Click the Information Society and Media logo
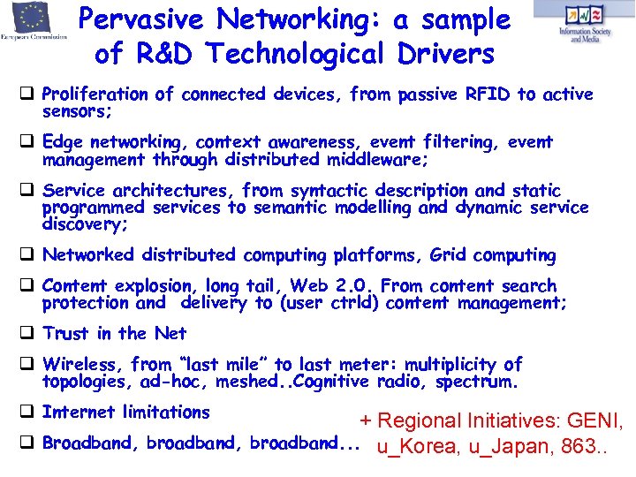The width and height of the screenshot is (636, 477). pos(584,20)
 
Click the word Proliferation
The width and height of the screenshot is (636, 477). pos(95,95)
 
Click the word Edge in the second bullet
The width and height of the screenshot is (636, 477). pos(62,142)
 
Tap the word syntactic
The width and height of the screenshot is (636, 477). pos(328,191)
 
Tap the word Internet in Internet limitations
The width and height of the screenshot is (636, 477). pos(79,412)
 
